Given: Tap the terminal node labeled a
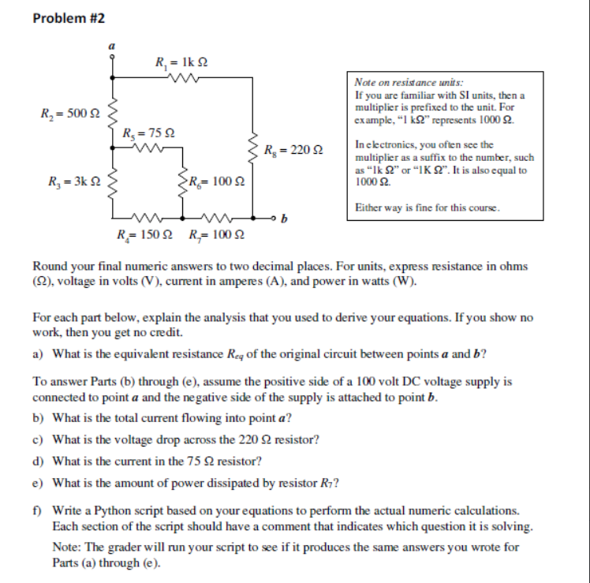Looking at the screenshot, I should [x=111, y=57].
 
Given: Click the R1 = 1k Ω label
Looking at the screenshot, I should [x=181, y=62].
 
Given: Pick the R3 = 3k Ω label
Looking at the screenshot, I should [x=69, y=184].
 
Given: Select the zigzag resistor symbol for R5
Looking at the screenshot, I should [x=150, y=147].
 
